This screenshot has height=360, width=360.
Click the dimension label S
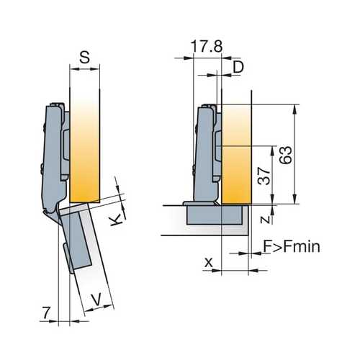(x=84, y=58)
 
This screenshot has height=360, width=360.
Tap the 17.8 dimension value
(x=207, y=47)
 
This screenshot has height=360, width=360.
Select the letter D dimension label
(x=238, y=67)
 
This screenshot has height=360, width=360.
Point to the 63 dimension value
(x=286, y=155)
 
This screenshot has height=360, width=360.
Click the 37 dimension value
(x=264, y=176)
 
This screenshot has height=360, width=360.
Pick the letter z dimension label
(x=266, y=219)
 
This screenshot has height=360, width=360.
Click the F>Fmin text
(x=292, y=246)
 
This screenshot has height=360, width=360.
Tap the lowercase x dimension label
(x=209, y=263)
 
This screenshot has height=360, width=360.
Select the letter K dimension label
(x=115, y=220)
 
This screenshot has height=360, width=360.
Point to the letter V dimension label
(x=96, y=300)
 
